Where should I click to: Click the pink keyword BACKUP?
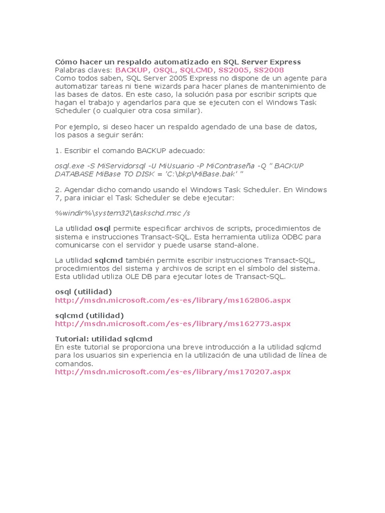tap(131, 70)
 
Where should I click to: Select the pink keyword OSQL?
tap(164, 70)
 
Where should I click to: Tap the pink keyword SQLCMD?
tap(196, 70)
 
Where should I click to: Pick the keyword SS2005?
tap(233, 70)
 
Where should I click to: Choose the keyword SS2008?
tap(269, 70)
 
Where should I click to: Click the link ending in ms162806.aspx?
tap(172, 300)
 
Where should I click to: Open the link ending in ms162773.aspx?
tap(172, 324)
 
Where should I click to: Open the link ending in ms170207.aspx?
tap(172, 372)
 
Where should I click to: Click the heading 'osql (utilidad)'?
tap(83, 292)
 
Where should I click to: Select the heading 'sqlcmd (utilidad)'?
tap(89, 315)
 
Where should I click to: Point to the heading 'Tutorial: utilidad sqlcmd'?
tap(104, 339)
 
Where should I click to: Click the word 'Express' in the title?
tap(285, 62)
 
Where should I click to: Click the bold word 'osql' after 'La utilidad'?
tap(103, 228)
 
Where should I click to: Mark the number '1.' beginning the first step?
tap(58, 150)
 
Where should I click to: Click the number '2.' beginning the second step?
tap(58, 190)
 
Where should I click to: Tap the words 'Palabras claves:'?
tap(84, 70)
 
